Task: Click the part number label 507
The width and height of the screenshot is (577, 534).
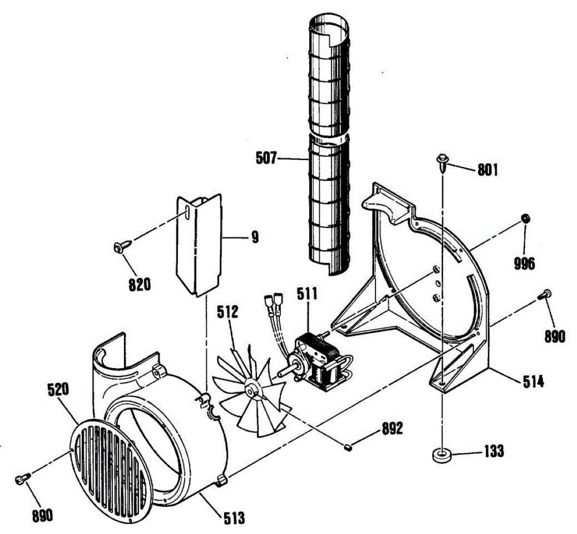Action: pyautogui.click(x=266, y=158)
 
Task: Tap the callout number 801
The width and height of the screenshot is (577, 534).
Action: pyautogui.click(x=488, y=170)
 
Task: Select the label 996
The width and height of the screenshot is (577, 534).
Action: pyautogui.click(x=524, y=263)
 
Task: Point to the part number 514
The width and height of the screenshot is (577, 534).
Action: pyautogui.click(x=534, y=382)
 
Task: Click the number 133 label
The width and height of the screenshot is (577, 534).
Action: pyautogui.click(x=493, y=451)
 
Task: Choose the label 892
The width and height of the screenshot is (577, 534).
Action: pyautogui.click(x=392, y=429)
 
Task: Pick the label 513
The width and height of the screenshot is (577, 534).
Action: pyautogui.click(x=234, y=518)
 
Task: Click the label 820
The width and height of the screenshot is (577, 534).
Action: pyautogui.click(x=139, y=285)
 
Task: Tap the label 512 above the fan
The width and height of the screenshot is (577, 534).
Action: pyautogui.click(x=227, y=312)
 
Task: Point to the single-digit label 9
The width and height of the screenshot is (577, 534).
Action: pyautogui.click(x=255, y=237)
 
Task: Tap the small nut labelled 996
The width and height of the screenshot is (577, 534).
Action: pyautogui.click(x=526, y=219)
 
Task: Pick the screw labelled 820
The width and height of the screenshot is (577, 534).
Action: pyautogui.click(x=119, y=247)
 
